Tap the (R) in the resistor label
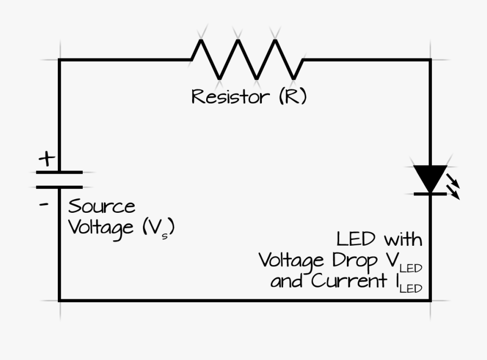point(293,97)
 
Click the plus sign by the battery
point(47,159)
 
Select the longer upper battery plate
point(59,172)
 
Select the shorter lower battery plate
point(59,187)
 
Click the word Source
point(102,206)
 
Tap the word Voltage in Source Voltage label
point(101,227)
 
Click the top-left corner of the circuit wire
point(60,60)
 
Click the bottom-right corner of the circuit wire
point(431,300)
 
